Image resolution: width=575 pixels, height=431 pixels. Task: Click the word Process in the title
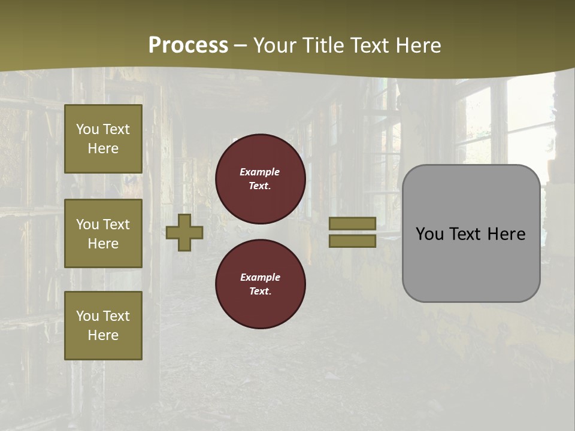[188, 45]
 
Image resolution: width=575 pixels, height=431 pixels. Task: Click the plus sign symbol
[184, 232]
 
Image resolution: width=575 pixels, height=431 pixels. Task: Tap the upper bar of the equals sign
[352, 223]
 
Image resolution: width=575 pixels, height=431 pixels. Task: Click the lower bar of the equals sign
[352, 241]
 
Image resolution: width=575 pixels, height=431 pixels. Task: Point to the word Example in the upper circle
[260, 172]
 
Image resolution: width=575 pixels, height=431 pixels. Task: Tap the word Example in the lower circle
[260, 277]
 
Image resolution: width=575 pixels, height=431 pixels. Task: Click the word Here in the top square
[103, 148]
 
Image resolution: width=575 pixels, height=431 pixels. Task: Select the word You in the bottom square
[87, 315]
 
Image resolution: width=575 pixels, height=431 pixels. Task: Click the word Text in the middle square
[116, 224]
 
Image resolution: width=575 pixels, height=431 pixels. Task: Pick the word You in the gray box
[430, 233]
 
